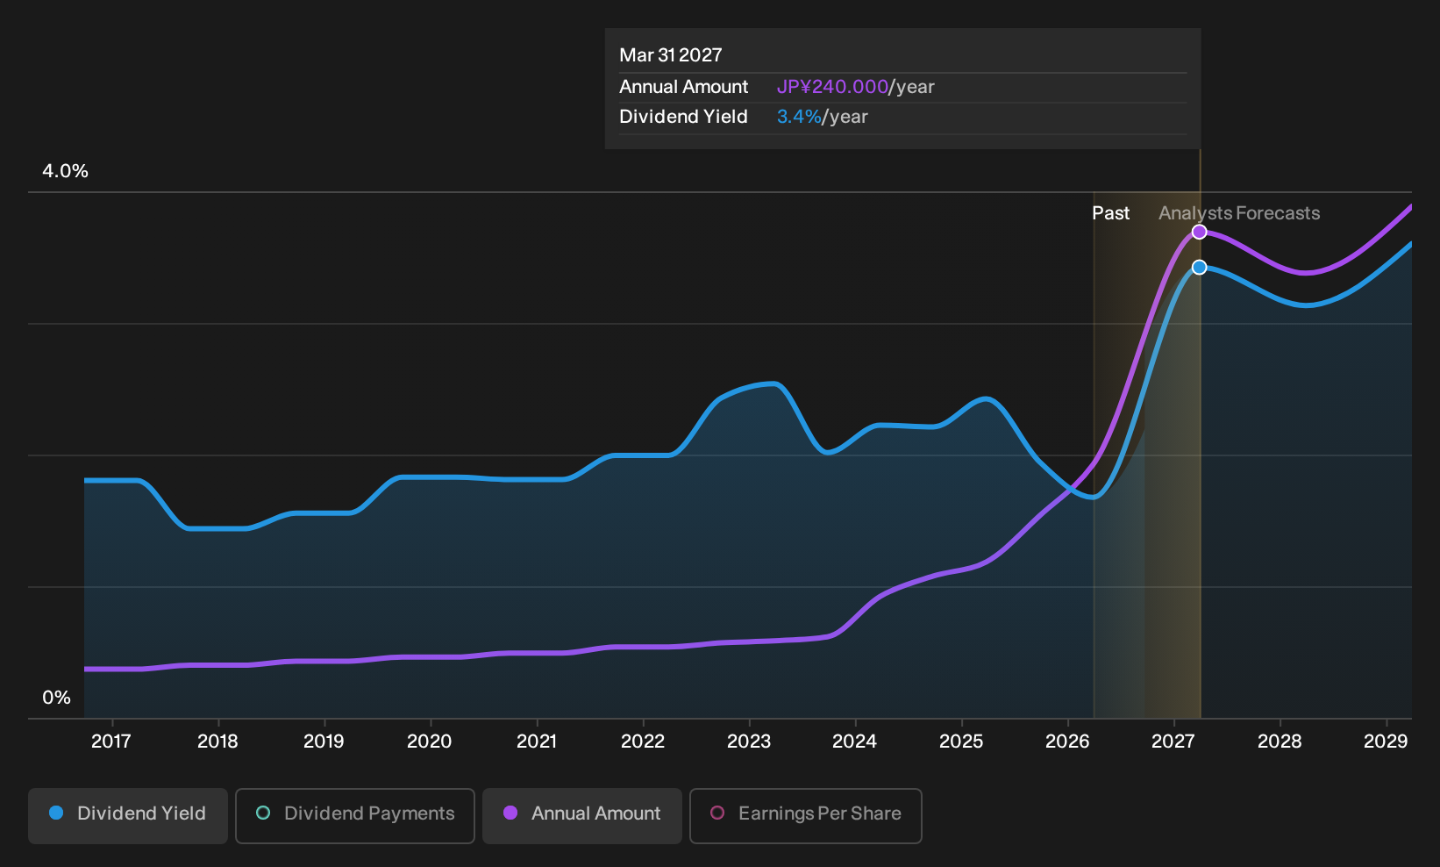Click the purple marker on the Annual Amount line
point(1199,232)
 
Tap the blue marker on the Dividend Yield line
point(1199,267)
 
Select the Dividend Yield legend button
point(128,815)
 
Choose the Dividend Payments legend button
point(355,815)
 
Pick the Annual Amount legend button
point(581,815)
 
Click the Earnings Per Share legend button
point(805,815)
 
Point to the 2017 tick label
point(111,742)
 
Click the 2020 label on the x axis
point(430,742)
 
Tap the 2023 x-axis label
point(749,742)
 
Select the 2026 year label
point(1067,742)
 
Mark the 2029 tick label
point(1386,742)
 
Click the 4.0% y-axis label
point(65,171)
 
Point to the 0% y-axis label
point(57,698)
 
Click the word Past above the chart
point(1111,213)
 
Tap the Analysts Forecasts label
point(1239,213)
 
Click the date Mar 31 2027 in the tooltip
point(671,55)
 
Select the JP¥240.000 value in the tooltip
point(832,87)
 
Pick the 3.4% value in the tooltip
point(799,117)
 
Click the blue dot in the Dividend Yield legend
point(57,813)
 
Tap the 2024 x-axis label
point(854,742)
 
